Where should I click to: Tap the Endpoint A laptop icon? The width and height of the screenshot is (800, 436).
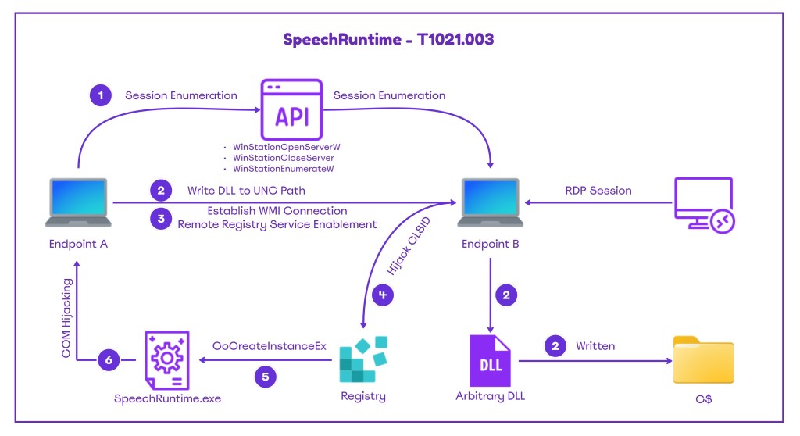pyautogui.click(x=78, y=203)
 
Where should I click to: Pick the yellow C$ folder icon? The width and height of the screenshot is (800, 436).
pyautogui.click(x=704, y=360)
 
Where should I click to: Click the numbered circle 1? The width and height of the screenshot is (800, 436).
pyautogui.click(x=100, y=96)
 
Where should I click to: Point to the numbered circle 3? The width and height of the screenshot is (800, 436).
pyautogui.click(x=162, y=219)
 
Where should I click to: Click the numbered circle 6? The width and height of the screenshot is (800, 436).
pyautogui.click(x=108, y=360)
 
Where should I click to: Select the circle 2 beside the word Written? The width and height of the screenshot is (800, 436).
pyautogui.click(x=555, y=345)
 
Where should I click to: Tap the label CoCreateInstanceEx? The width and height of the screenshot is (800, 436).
pyautogui.click(x=270, y=345)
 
